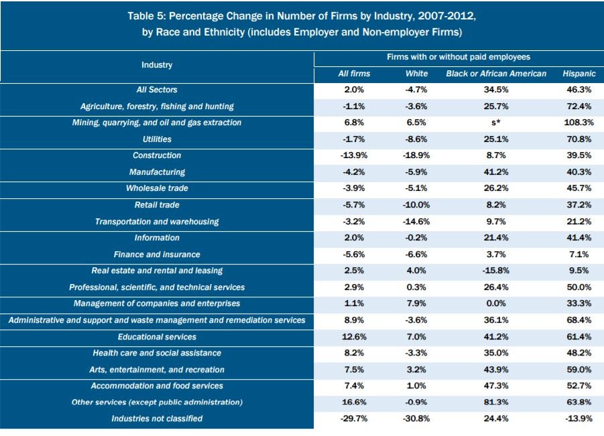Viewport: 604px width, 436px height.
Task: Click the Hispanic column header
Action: click(579, 74)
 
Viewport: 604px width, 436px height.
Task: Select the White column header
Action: click(416, 74)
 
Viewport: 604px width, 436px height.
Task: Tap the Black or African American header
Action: click(496, 74)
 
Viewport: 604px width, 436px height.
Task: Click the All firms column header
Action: click(354, 74)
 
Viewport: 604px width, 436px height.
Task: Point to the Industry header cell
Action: click(157, 65)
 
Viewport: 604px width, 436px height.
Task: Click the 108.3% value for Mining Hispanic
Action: click(579, 123)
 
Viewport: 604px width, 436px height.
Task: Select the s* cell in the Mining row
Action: click(496, 123)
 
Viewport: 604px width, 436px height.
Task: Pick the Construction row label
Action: click(157, 155)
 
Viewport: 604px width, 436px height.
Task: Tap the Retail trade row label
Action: click(157, 205)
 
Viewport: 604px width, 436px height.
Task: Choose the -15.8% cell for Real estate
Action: click(496, 271)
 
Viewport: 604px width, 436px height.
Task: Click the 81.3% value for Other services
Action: click(496, 403)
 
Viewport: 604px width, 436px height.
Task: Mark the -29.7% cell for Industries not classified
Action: click(354, 419)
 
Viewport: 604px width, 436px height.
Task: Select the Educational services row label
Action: click(157, 336)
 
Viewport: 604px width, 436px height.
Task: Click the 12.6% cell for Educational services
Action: click(354, 336)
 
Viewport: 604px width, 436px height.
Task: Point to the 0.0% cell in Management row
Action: click(496, 303)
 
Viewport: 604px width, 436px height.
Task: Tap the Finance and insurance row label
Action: click(157, 255)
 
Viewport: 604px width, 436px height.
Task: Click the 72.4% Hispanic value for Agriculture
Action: click(579, 106)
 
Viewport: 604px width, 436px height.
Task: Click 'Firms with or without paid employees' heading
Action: click(458, 58)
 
